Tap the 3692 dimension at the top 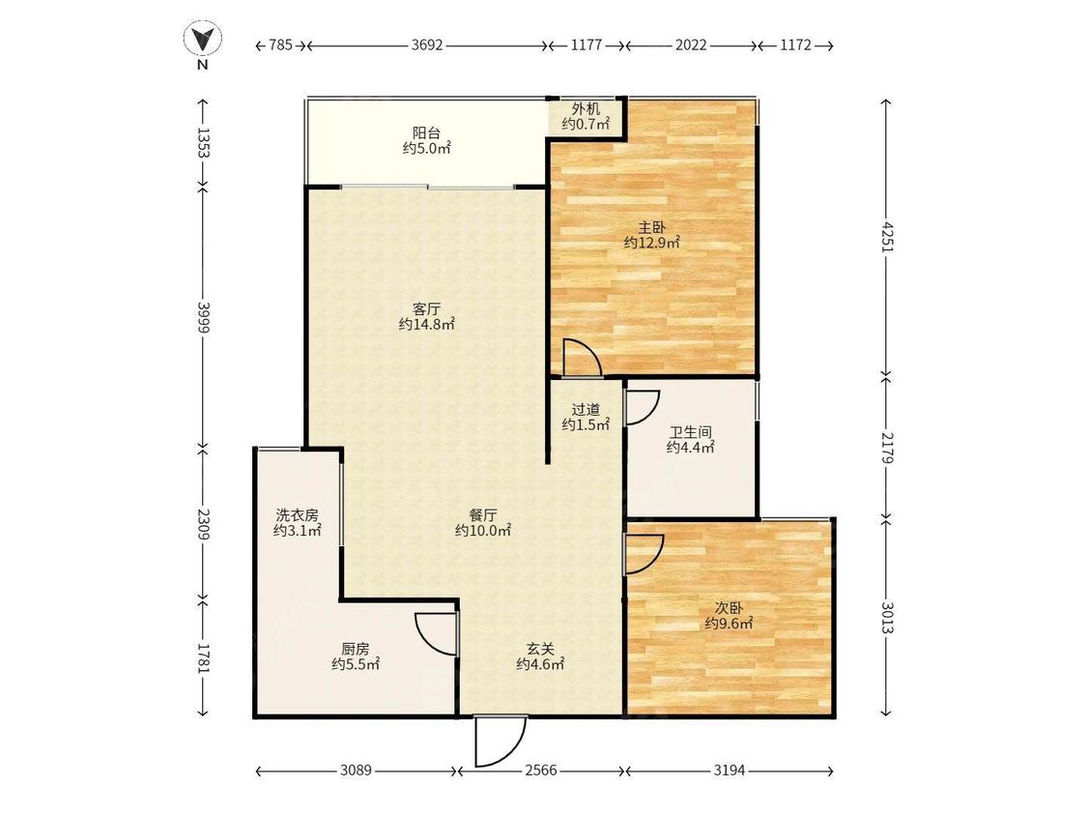[x=426, y=45]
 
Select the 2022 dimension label [x=691, y=45]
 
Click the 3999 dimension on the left [x=203, y=317]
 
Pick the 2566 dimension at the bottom [x=541, y=771]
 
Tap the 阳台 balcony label [x=426, y=132]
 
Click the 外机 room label [x=586, y=109]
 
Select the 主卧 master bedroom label [x=651, y=227]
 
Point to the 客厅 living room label [x=426, y=308]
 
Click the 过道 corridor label [x=586, y=409]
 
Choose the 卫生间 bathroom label [x=691, y=432]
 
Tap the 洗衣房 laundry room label [x=298, y=515]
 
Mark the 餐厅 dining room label [x=483, y=515]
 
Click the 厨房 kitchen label [x=355, y=649]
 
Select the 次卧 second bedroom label [x=729, y=608]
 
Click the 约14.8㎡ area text [x=426, y=324]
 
